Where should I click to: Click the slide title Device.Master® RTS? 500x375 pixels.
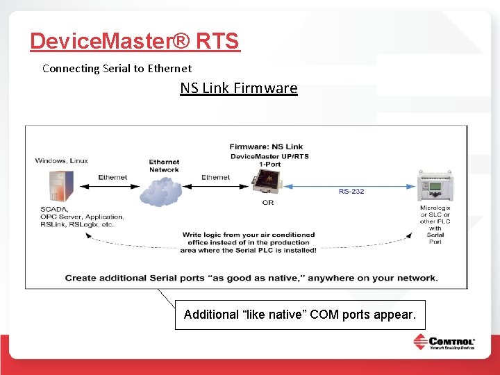[x=135, y=41]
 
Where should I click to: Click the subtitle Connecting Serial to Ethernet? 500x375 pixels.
[x=117, y=68]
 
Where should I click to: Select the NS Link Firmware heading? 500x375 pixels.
[x=238, y=88]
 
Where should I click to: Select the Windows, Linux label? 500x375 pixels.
[x=62, y=161]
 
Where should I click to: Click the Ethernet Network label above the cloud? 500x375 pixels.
[x=164, y=166]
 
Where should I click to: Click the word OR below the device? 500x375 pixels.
[x=268, y=203]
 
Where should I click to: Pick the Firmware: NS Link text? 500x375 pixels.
[x=266, y=147]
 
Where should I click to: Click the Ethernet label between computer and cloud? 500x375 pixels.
[x=112, y=178]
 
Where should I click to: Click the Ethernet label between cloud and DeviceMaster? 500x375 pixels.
[x=215, y=178]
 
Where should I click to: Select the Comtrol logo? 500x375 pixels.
[x=444, y=343]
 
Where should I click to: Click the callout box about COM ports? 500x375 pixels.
[x=300, y=315]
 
